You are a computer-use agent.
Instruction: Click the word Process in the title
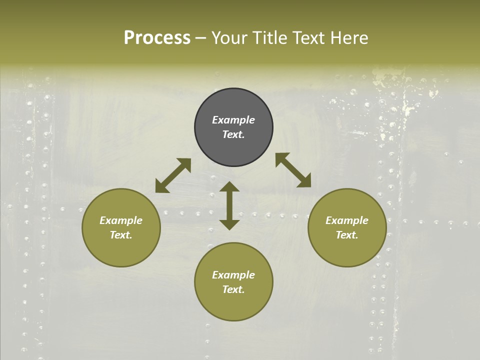157,38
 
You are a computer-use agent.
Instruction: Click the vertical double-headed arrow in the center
229,205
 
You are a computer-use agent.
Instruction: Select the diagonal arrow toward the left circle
173,175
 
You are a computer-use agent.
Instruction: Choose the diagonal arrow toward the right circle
293,170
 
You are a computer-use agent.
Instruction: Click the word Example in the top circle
233,120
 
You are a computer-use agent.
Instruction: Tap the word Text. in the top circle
233,134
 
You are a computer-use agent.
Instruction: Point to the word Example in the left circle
121,220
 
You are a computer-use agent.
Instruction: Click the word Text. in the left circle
121,235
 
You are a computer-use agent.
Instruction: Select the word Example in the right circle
347,220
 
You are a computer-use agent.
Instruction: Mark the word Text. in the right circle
347,235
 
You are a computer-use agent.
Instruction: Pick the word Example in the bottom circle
233,275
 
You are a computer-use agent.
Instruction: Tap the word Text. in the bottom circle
233,289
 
